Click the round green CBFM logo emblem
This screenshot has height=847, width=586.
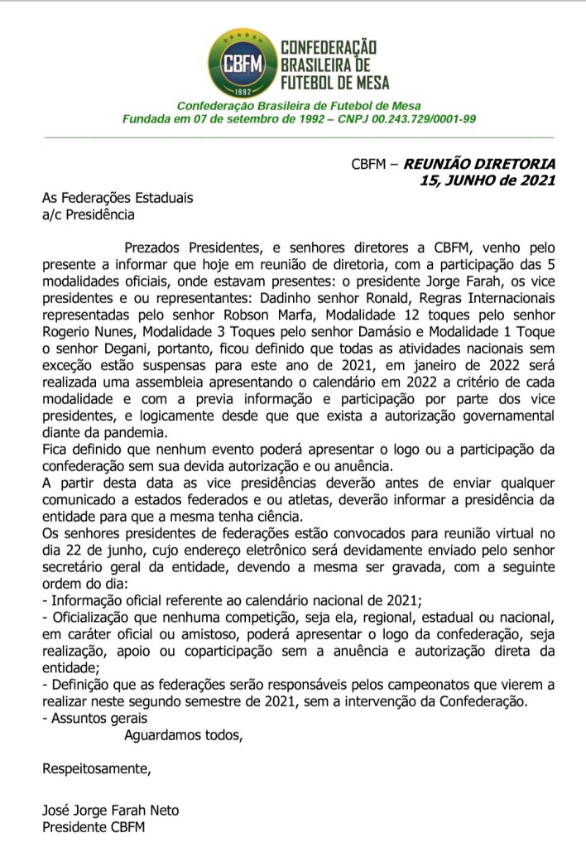click(236, 63)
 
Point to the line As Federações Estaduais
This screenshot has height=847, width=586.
click(118, 199)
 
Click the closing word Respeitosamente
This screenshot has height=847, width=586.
click(97, 770)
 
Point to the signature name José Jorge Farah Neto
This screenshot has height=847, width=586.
click(110, 810)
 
